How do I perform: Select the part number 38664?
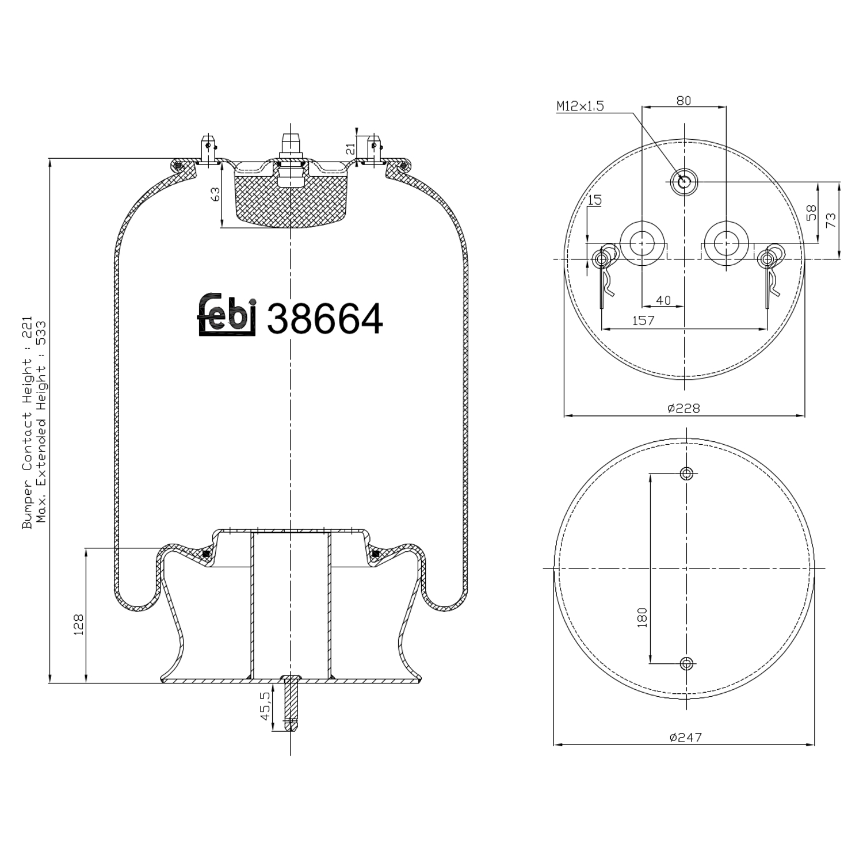[x=324, y=319]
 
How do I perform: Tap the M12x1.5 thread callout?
[x=580, y=106]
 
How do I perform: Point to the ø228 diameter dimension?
[x=683, y=408]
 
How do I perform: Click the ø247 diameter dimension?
[x=685, y=737]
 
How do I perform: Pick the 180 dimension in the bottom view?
[x=643, y=617]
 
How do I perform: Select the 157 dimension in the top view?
[x=643, y=320]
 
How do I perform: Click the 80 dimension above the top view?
[x=683, y=101]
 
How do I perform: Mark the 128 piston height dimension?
[x=79, y=624]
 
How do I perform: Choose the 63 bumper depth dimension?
[x=215, y=194]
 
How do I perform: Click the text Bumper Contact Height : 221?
[x=27, y=426]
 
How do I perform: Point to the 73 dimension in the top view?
[x=831, y=220]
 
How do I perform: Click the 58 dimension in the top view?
[x=811, y=213]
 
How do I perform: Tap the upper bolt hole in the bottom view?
[x=686, y=473]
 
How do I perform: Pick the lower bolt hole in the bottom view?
[x=686, y=663]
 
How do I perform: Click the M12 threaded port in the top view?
[x=684, y=182]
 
